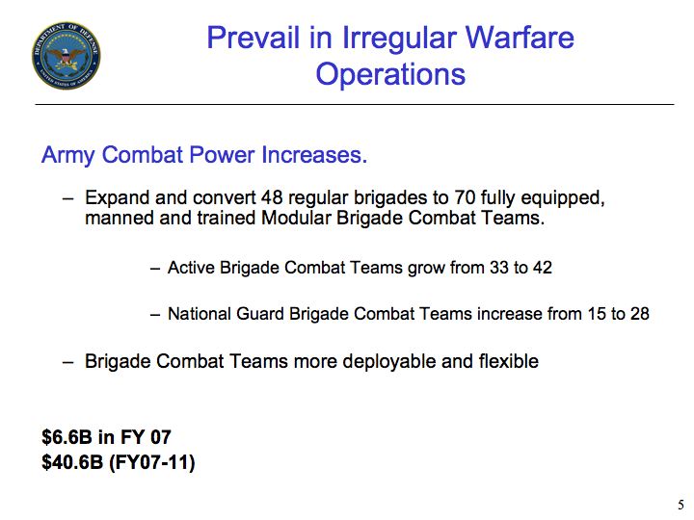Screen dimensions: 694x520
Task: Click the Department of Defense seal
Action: pos(66,55)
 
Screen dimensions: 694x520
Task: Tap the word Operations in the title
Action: pos(390,75)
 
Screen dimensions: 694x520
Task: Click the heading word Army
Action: pos(67,156)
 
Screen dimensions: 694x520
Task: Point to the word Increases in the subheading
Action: pos(314,155)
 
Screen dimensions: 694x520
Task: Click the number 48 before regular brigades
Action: pos(272,197)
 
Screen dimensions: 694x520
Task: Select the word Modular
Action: pos(296,218)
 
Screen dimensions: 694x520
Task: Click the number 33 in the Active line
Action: pos(499,268)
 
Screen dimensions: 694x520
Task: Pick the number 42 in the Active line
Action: pos(542,268)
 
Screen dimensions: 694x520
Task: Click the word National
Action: pos(200,314)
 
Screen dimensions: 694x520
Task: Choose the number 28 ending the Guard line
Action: pos(640,314)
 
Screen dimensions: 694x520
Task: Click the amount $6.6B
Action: pos(67,437)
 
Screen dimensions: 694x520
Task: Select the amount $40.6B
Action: pos(72,462)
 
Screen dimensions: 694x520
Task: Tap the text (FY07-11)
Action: pos(152,463)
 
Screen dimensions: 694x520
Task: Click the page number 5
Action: pos(681,505)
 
